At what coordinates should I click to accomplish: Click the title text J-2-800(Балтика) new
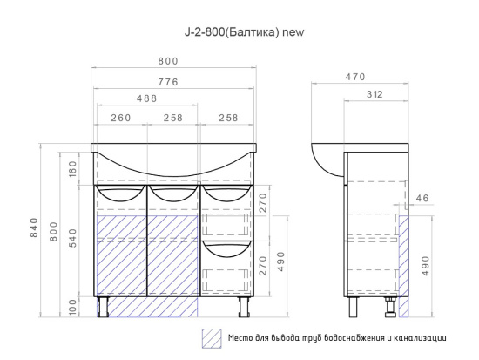click(245, 31)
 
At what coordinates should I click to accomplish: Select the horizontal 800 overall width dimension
click(168, 61)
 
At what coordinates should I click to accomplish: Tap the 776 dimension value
click(168, 82)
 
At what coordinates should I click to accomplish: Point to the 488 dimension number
click(146, 98)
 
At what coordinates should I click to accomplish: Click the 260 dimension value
click(121, 118)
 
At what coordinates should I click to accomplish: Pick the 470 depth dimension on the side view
click(355, 77)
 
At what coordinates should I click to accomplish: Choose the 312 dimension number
click(374, 94)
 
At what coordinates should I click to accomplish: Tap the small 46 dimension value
click(422, 198)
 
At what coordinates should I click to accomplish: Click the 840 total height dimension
click(34, 228)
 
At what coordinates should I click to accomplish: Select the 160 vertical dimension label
click(73, 170)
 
